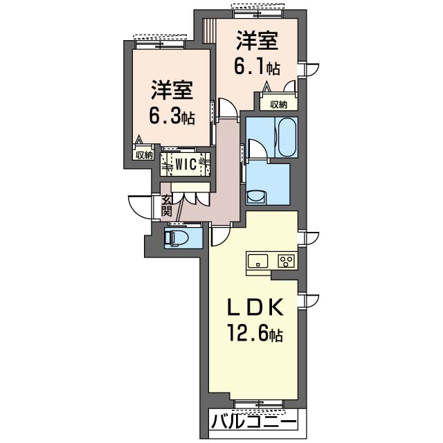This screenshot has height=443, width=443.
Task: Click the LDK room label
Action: [x=255, y=307]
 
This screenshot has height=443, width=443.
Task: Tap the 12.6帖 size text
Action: [x=255, y=334]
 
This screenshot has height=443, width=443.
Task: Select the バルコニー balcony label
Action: [x=254, y=422]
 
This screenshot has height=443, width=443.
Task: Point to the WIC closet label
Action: [x=186, y=165]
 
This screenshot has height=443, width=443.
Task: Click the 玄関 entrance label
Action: [x=166, y=206]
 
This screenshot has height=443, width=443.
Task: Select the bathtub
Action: [x=287, y=137]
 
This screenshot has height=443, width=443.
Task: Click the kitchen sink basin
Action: [x=257, y=261]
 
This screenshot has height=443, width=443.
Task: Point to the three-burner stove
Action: [x=286, y=261]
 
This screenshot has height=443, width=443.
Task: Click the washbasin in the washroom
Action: [x=256, y=197]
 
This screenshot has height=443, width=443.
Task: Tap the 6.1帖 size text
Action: [x=257, y=68]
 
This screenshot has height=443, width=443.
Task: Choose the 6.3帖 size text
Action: [x=172, y=117]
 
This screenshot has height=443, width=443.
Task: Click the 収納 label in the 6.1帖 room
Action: [x=278, y=105]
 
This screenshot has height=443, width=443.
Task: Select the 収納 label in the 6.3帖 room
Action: [x=144, y=154]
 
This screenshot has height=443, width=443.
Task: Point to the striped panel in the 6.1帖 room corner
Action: [x=209, y=30]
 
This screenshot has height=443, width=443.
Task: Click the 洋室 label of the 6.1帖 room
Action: [x=257, y=42]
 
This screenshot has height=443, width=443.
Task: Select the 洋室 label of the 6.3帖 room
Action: [x=172, y=90]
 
